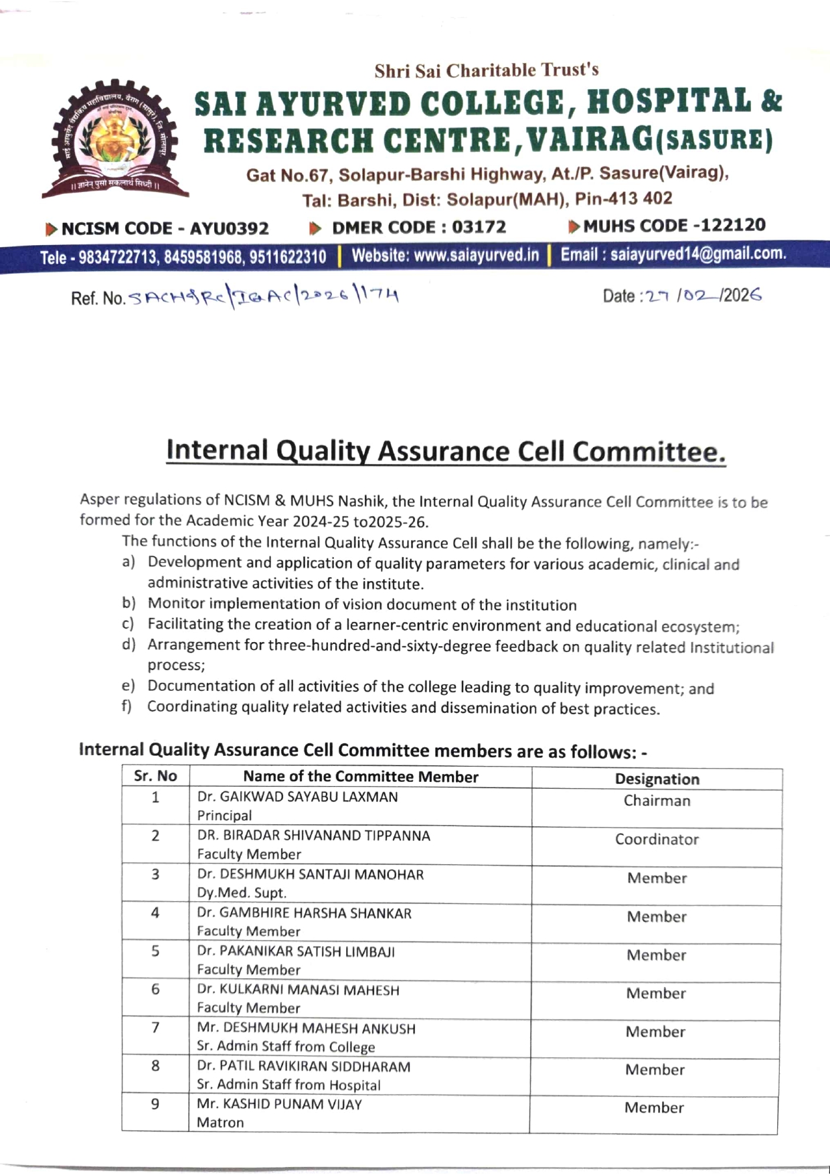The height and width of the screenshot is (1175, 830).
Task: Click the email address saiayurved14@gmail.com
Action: [x=697, y=254]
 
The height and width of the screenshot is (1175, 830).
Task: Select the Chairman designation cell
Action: [x=657, y=801]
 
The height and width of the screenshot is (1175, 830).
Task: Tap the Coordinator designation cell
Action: [x=657, y=840]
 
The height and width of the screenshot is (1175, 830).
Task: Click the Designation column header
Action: [x=657, y=779]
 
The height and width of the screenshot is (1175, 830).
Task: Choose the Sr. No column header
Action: [x=155, y=776]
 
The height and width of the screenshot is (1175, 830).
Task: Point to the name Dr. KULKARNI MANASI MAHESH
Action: [x=298, y=990]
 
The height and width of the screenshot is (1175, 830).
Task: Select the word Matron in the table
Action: [x=220, y=1123]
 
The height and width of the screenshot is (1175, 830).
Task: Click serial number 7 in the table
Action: [x=155, y=1028]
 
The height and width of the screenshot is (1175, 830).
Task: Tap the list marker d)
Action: [x=129, y=645]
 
